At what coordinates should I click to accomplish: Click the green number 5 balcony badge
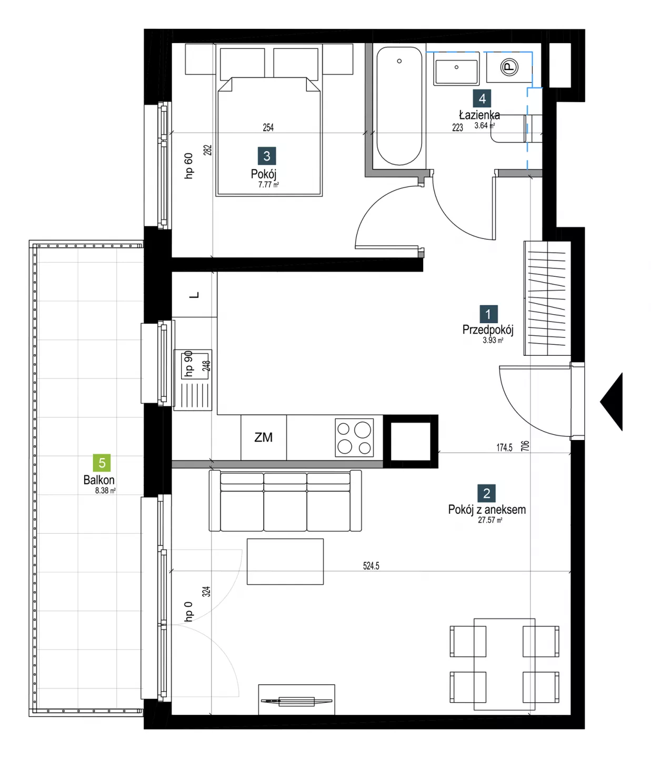tap(102, 462)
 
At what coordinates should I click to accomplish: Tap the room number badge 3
tap(267, 156)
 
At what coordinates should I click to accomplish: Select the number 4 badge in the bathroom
tap(482, 98)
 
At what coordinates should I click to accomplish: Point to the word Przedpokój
tap(487, 330)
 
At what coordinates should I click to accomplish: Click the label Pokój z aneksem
tap(487, 509)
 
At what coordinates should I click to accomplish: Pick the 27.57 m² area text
tap(490, 520)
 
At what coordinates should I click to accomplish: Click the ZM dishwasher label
tap(264, 437)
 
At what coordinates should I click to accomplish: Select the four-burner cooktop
tap(354, 437)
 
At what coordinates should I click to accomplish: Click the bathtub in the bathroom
tap(399, 106)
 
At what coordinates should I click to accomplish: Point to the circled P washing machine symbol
tap(509, 67)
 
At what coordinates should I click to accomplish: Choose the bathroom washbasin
tap(456, 68)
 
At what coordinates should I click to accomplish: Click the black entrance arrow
tap(612, 402)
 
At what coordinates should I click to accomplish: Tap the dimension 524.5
tap(371, 566)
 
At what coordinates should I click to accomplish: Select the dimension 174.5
tap(504, 447)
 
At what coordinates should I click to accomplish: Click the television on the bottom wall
tap(296, 701)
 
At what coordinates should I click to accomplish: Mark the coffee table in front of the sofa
tap(285, 562)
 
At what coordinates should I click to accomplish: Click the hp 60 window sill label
tap(188, 166)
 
